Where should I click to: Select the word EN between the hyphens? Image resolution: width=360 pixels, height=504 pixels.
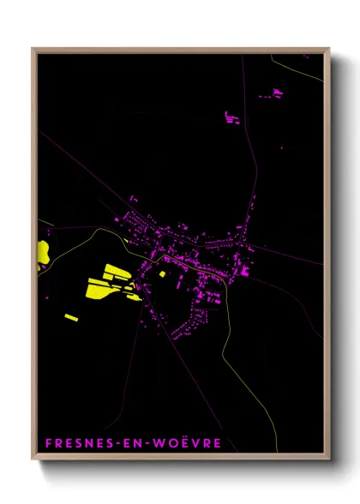pyautogui.click(x=134, y=443)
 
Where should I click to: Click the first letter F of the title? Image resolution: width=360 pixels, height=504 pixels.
pyautogui.click(x=46, y=443)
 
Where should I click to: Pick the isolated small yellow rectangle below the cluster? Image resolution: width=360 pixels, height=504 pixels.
pyautogui.click(x=71, y=318)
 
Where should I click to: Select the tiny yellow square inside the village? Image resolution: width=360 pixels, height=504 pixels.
pyautogui.click(x=162, y=274)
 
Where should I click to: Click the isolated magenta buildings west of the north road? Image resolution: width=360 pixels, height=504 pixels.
pyautogui.click(x=231, y=117)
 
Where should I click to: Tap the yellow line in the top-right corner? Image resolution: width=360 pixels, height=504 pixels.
pyautogui.click(x=300, y=69)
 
